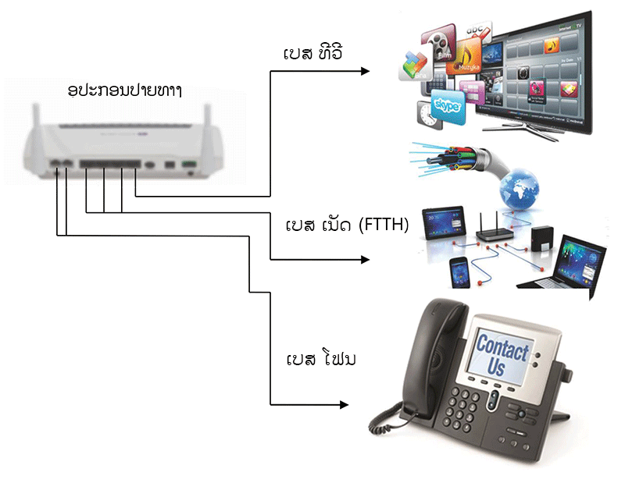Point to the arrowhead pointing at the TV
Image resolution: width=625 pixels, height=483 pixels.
pyautogui.click(x=365, y=71)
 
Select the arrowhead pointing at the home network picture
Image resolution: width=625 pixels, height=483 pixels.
pyautogui.click(x=365, y=259)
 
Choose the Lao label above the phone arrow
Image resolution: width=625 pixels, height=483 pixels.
pyautogui.click(x=314, y=363)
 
